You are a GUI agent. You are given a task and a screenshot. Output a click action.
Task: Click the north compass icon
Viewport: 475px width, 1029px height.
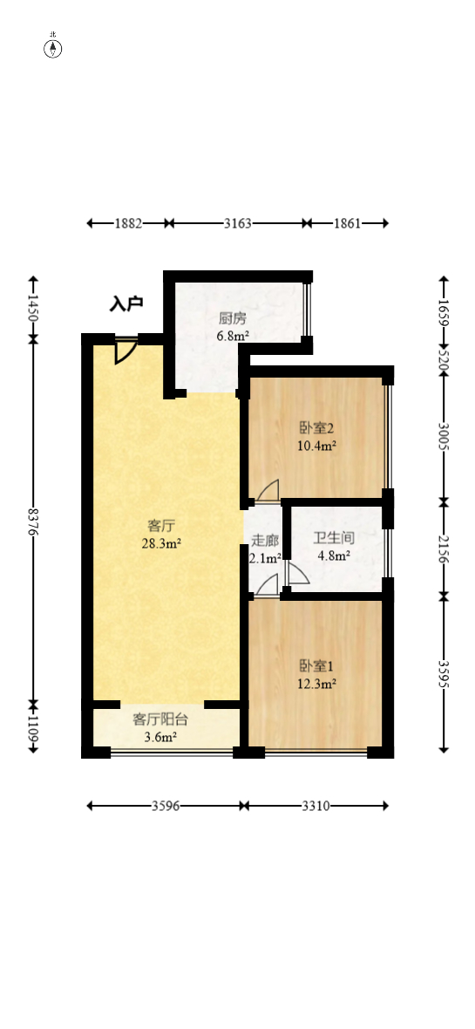coord(53,47)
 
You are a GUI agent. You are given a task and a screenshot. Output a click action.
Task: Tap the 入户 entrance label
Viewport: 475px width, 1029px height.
coord(126,304)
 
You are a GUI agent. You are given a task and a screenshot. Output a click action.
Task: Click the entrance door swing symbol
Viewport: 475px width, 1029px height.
coord(125,351)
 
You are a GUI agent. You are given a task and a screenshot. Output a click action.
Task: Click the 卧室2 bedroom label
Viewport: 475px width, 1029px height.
coord(317,428)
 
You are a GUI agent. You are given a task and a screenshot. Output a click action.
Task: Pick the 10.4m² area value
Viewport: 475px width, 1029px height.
coord(317,445)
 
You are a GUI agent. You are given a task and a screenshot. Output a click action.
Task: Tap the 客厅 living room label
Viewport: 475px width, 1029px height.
coord(161,526)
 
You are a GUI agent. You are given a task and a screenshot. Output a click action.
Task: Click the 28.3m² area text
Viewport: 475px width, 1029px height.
coord(161,543)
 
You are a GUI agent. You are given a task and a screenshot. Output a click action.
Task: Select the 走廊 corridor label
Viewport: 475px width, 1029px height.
coord(265,541)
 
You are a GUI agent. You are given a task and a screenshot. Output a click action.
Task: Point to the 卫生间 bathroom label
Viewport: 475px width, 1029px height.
coord(335,538)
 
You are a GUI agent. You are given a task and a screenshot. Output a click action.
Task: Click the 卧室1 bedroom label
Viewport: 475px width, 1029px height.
coord(317,667)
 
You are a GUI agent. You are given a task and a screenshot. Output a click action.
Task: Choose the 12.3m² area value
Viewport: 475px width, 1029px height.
coord(317,685)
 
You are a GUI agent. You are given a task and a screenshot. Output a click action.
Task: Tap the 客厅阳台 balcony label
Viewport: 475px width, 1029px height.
coord(160,720)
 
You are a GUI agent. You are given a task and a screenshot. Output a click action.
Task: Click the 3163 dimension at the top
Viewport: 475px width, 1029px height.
coord(237,223)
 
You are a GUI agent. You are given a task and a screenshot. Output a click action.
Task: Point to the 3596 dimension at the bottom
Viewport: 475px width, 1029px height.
coord(165,807)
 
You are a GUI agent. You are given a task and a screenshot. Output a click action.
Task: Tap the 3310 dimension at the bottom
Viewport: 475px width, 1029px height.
coord(316,807)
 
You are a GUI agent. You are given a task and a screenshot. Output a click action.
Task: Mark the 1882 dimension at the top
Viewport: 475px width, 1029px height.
coord(128,223)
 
